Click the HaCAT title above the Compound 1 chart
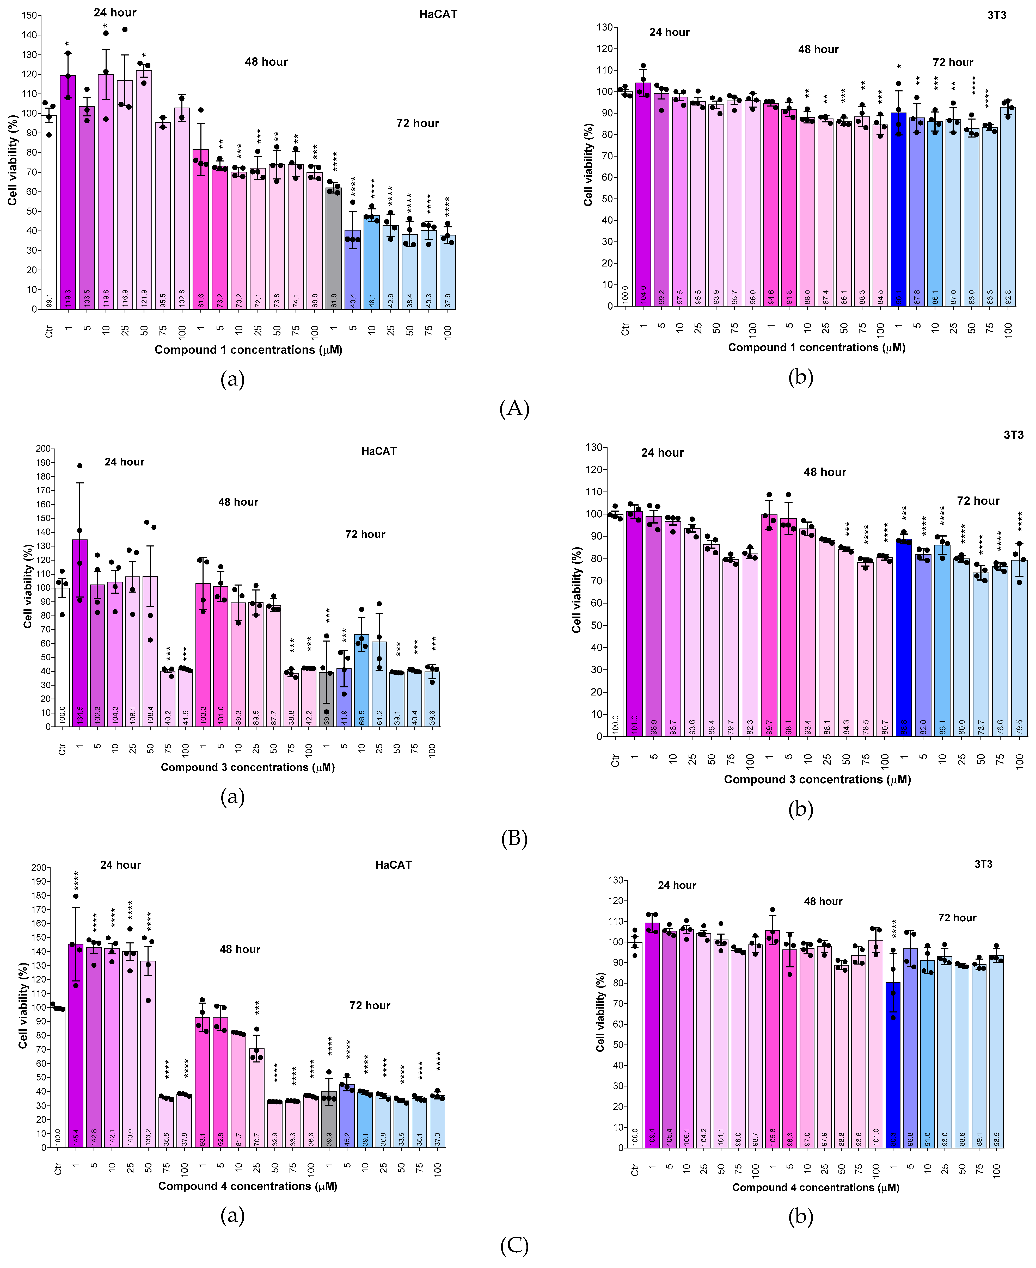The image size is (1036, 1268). pos(438,14)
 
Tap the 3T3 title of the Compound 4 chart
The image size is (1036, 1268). pos(983,864)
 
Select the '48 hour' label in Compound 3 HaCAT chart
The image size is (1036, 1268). pos(238,502)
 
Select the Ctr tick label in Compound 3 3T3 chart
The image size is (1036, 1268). pos(615,760)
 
